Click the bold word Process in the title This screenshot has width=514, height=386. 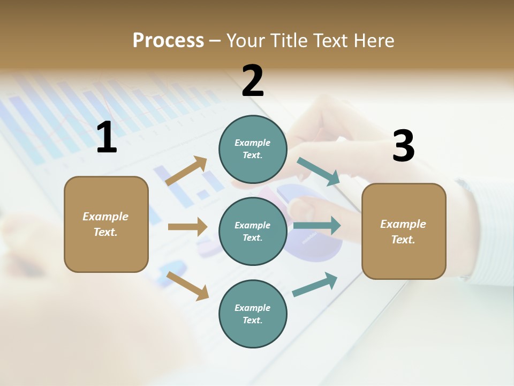pyautogui.click(x=168, y=41)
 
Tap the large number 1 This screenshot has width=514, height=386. pyautogui.click(x=107, y=138)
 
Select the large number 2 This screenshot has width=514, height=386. pyautogui.click(x=253, y=81)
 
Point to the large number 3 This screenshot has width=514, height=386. pyautogui.click(x=403, y=146)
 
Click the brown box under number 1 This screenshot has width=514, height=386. pyautogui.click(x=106, y=224)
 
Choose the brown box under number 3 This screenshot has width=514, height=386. pyautogui.click(x=404, y=231)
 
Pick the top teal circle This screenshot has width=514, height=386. pyautogui.click(x=253, y=149)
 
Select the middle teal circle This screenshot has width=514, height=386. pyautogui.click(x=253, y=231)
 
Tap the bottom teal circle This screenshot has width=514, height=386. pyautogui.click(x=253, y=314)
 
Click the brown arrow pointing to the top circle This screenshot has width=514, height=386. pyautogui.click(x=186, y=171)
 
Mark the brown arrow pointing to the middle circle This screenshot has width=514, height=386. pyautogui.click(x=187, y=227)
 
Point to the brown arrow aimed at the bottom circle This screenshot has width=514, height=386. pyautogui.click(x=187, y=285)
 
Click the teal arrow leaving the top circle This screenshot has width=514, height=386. pyautogui.click(x=319, y=171)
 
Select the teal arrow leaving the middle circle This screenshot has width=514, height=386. pyautogui.click(x=316, y=225)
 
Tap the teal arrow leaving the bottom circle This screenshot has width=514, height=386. pyautogui.click(x=315, y=285)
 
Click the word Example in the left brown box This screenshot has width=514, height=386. pyautogui.click(x=105, y=217)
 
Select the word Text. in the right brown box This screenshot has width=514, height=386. pyautogui.click(x=403, y=240)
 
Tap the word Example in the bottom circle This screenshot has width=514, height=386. pyautogui.click(x=253, y=308)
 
